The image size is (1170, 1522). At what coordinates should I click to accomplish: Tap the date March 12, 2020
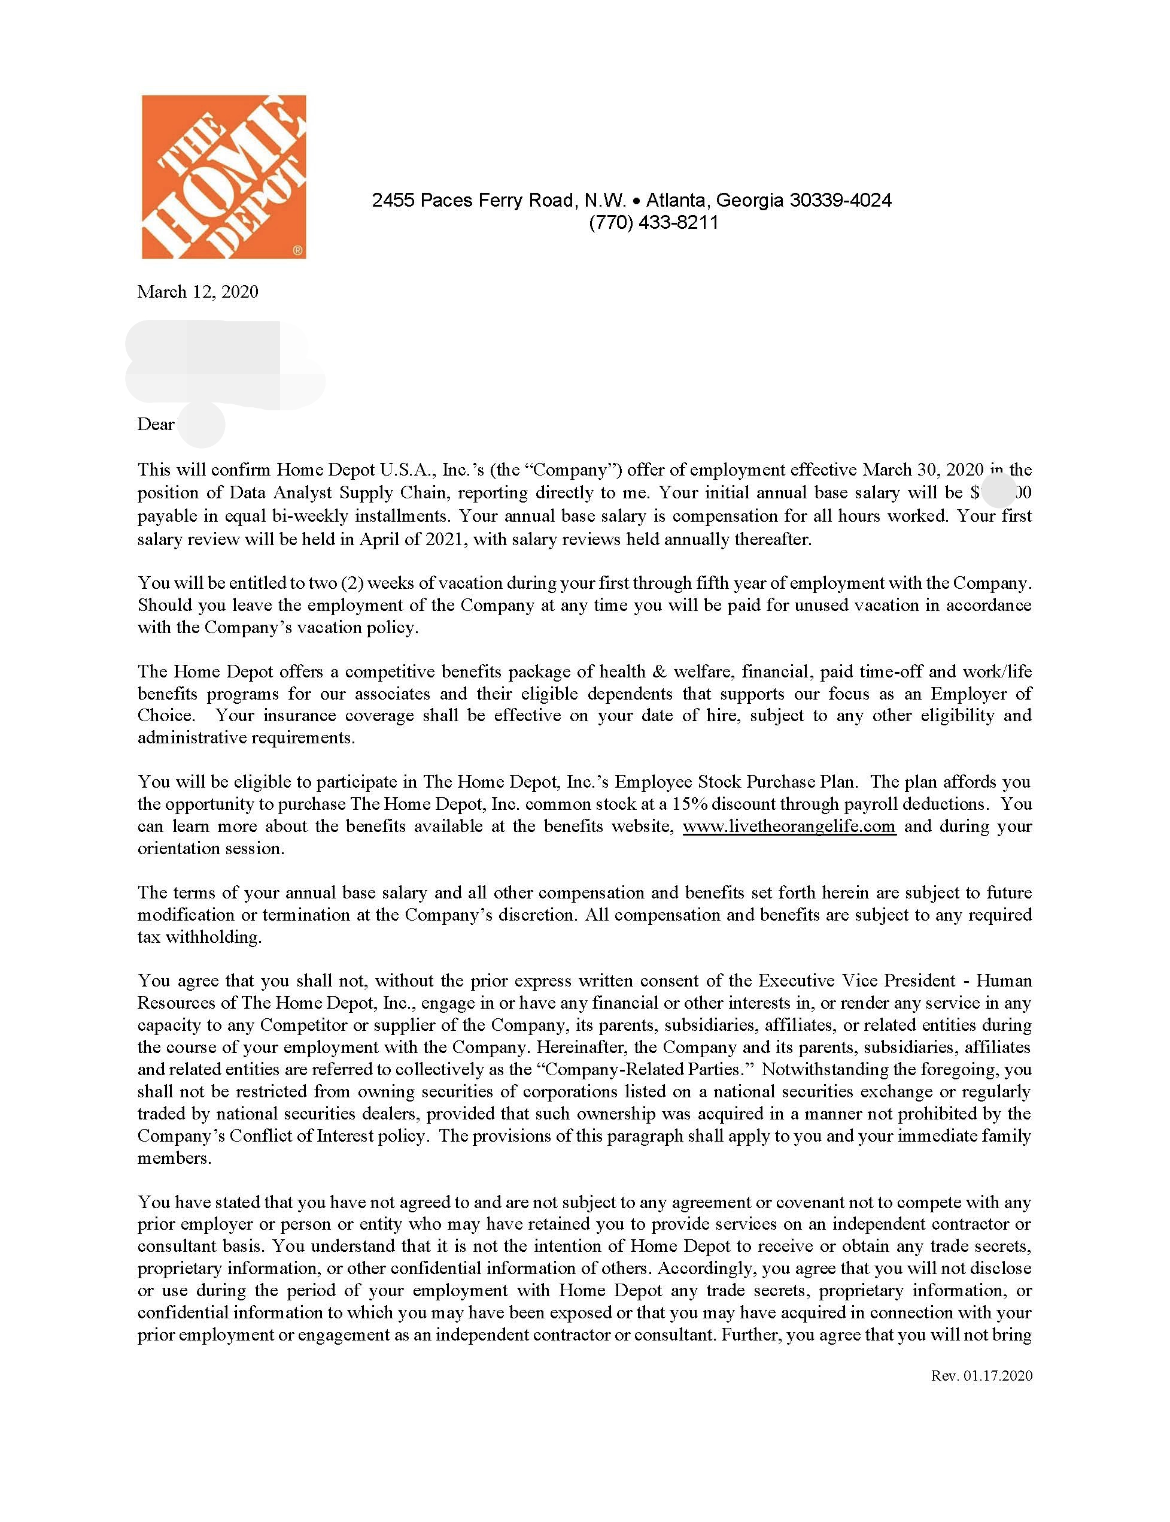click(x=197, y=291)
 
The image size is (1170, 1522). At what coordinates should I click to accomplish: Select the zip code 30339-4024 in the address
click(x=840, y=200)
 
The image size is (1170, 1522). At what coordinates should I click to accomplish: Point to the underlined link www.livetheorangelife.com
click(x=788, y=827)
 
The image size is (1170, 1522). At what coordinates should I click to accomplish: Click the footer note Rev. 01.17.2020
click(x=981, y=1376)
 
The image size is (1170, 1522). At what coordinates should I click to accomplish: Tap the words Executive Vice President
click(x=856, y=981)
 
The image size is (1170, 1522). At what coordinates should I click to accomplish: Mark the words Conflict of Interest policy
click(x=327, y=1136)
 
